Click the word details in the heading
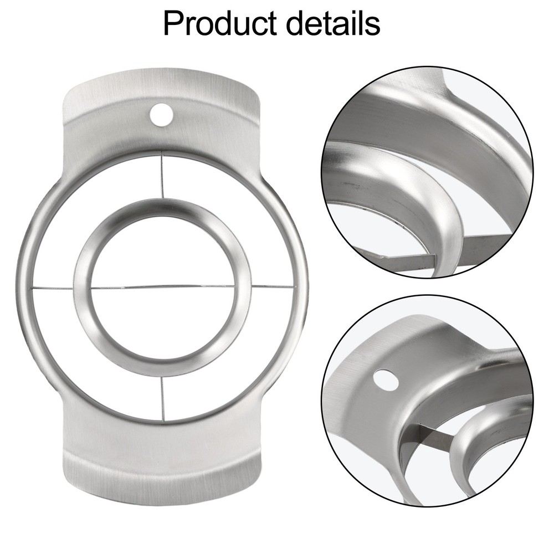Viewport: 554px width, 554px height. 333,23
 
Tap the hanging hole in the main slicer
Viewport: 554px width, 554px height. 161,114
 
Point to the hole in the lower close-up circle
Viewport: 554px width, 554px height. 386,380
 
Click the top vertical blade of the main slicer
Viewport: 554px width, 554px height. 162,175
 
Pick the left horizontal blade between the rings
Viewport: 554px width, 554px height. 53,288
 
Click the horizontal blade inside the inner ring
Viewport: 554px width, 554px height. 163,287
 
